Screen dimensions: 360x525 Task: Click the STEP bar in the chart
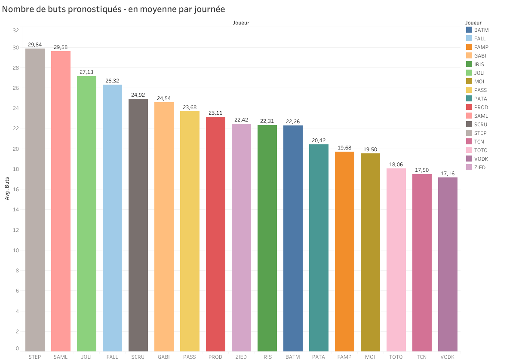click(x=35, y=200)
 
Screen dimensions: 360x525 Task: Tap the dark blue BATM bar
click(x=293, y=238)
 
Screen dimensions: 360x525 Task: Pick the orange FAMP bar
click(x=344, y=251)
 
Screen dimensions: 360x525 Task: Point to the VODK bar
click(x=448, y=264)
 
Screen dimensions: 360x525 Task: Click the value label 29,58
click(x=61, y=47)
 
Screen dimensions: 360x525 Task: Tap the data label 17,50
click(x=422, y=170)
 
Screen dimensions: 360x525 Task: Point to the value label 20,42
click(x=319, y=140)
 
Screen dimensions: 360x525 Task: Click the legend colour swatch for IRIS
click(x=469, y=64)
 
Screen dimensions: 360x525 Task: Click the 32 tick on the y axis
click(x=16, y=31)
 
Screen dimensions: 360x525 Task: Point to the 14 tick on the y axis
click(x=16, y=210)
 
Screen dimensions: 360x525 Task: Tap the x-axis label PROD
click(x=215, y=357)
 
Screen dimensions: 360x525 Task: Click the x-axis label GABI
click(x=164, y=357)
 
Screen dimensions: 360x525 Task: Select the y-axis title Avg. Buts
click(x=7, y=189)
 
